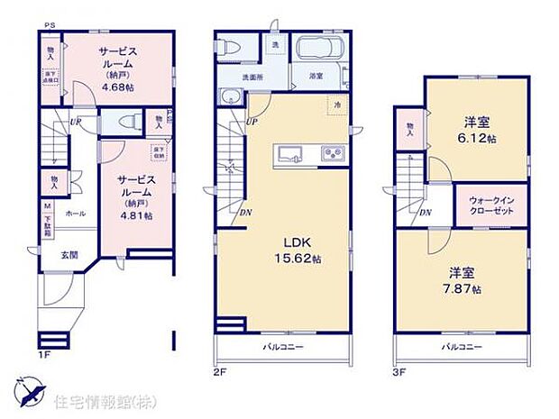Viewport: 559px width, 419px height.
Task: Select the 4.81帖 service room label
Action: pyautogui.click(x=134, y=197)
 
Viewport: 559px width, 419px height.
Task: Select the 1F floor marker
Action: pyautogui.click(x=42, y=354)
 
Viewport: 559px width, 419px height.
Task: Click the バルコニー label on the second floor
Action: pyautogui.click(x=282, y=346)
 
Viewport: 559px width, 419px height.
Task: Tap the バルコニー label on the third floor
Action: pyautogui.click(x=462, y=346)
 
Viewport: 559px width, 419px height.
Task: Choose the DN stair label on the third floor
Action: pyautogui.click(x=425, y=212)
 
